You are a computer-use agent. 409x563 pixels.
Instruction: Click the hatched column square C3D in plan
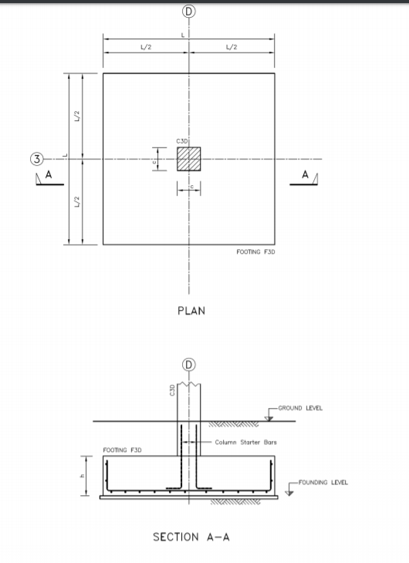189,159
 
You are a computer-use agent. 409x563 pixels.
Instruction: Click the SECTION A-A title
191,537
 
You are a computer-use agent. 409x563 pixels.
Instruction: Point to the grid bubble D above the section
189,364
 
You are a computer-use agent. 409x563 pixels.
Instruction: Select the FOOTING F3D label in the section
122,449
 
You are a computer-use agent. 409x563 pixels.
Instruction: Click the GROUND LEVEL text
302,408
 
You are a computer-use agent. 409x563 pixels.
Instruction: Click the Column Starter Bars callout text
245,442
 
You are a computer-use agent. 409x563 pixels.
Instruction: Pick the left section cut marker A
49,177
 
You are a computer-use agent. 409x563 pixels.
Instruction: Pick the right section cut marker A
305,177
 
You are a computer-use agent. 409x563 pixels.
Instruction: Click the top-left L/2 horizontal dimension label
146,48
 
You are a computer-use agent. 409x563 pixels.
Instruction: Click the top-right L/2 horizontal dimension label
232,48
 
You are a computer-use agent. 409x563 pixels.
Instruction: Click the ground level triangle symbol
267,416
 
